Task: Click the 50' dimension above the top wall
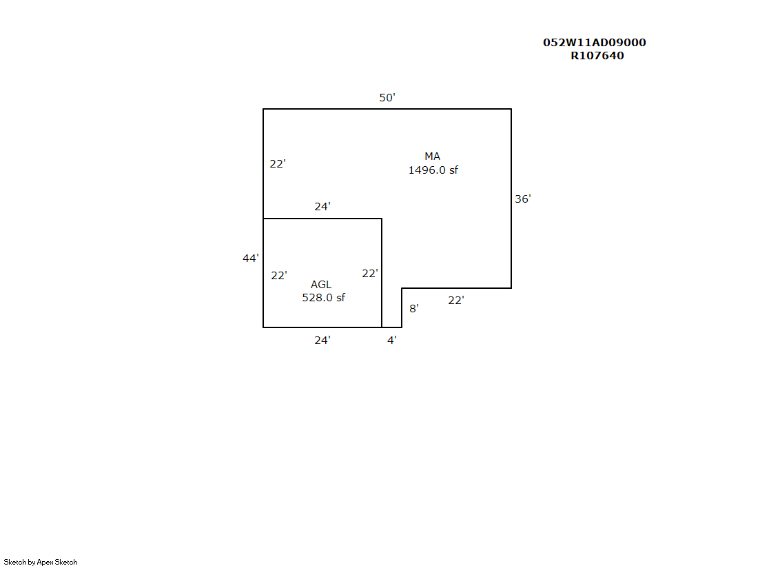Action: coord(387,97)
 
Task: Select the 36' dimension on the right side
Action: coord(523,199)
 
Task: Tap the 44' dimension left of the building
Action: coord(250,258)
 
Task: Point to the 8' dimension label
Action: coord(414,309)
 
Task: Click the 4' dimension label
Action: coord(392,340)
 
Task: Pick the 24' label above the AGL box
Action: coord(322,206)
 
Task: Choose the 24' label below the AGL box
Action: coord(322,340)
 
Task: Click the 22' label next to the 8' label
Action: coord(456,300)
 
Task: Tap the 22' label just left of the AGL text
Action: coord(279,275)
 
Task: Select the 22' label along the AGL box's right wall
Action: coord(370,273)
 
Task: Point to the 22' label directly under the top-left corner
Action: coord(277,163)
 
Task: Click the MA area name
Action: coord(432,156)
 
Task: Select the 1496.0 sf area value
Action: coord(433,170)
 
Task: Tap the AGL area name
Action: coord(321,285)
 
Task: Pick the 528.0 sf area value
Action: coord(324,297)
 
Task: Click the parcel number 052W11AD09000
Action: coord(595,42)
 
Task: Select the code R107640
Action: coord(597,56)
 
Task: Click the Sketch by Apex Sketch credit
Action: coord(41,562)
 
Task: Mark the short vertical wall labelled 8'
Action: coord(402,307)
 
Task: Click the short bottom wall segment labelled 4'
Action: coord(392,327)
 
